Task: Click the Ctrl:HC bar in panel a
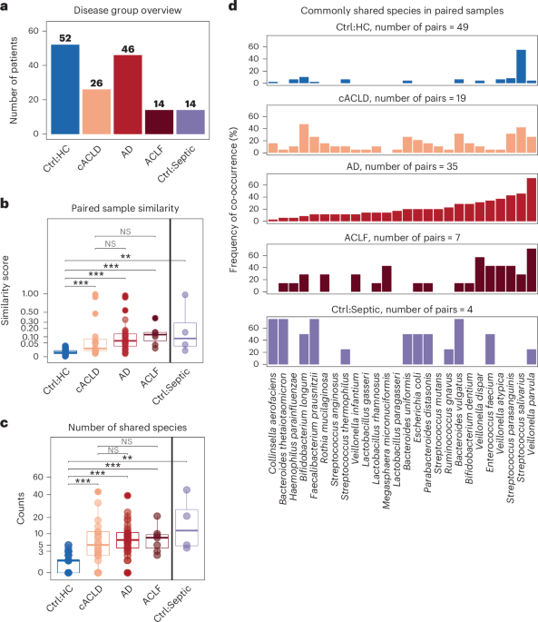[x=65, y=90]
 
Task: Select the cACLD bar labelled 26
[x=96, y=112]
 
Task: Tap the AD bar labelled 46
[x=127, y=94]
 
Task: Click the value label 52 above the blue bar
[x=65, y=37]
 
